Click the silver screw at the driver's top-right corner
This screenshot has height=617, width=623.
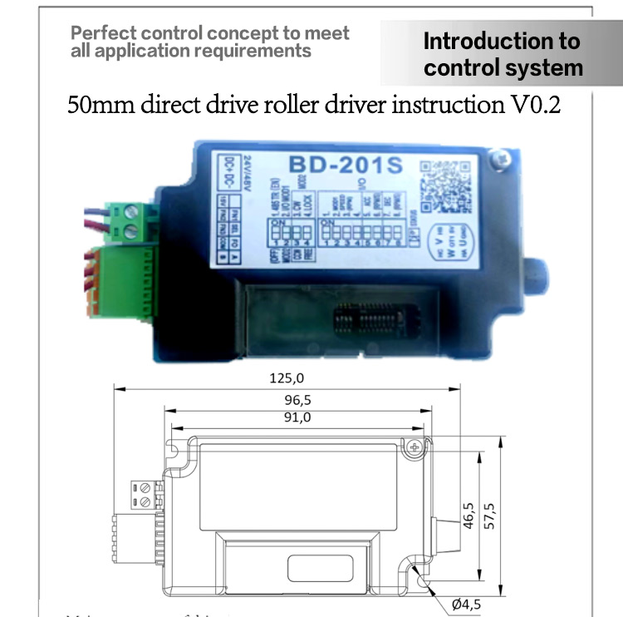click(x=499, y=156)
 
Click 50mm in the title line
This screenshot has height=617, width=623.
click(x=98, y=107)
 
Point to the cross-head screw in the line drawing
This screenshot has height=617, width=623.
click(x=415, y=447)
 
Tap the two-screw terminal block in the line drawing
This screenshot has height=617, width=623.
click(x=144, y=495)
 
